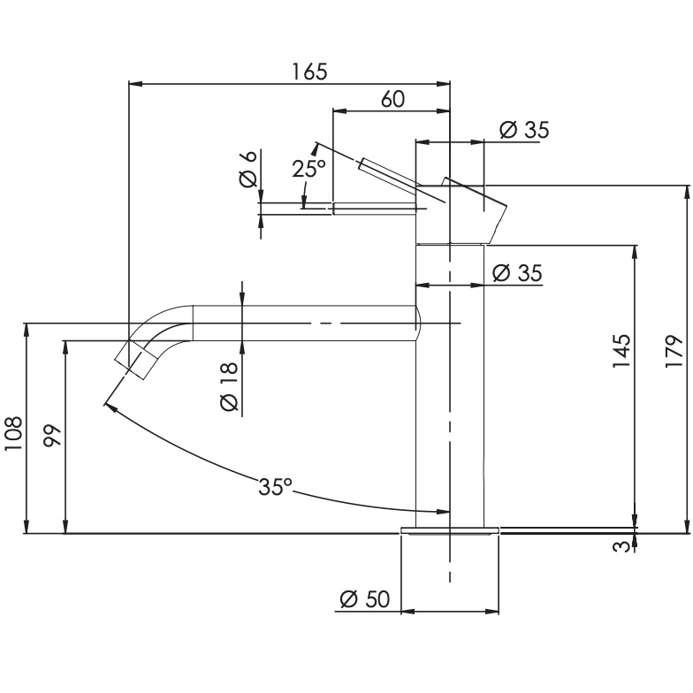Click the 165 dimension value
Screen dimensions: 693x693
click(309, 72)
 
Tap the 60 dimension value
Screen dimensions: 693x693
click(392, 99)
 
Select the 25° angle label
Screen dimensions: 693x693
click(308, 168)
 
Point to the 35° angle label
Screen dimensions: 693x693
click(275, 486)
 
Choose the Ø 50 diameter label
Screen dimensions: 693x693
click(365, 599)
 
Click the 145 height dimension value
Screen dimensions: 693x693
click(621, 352)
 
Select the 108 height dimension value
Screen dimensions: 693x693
click(12, 433)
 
